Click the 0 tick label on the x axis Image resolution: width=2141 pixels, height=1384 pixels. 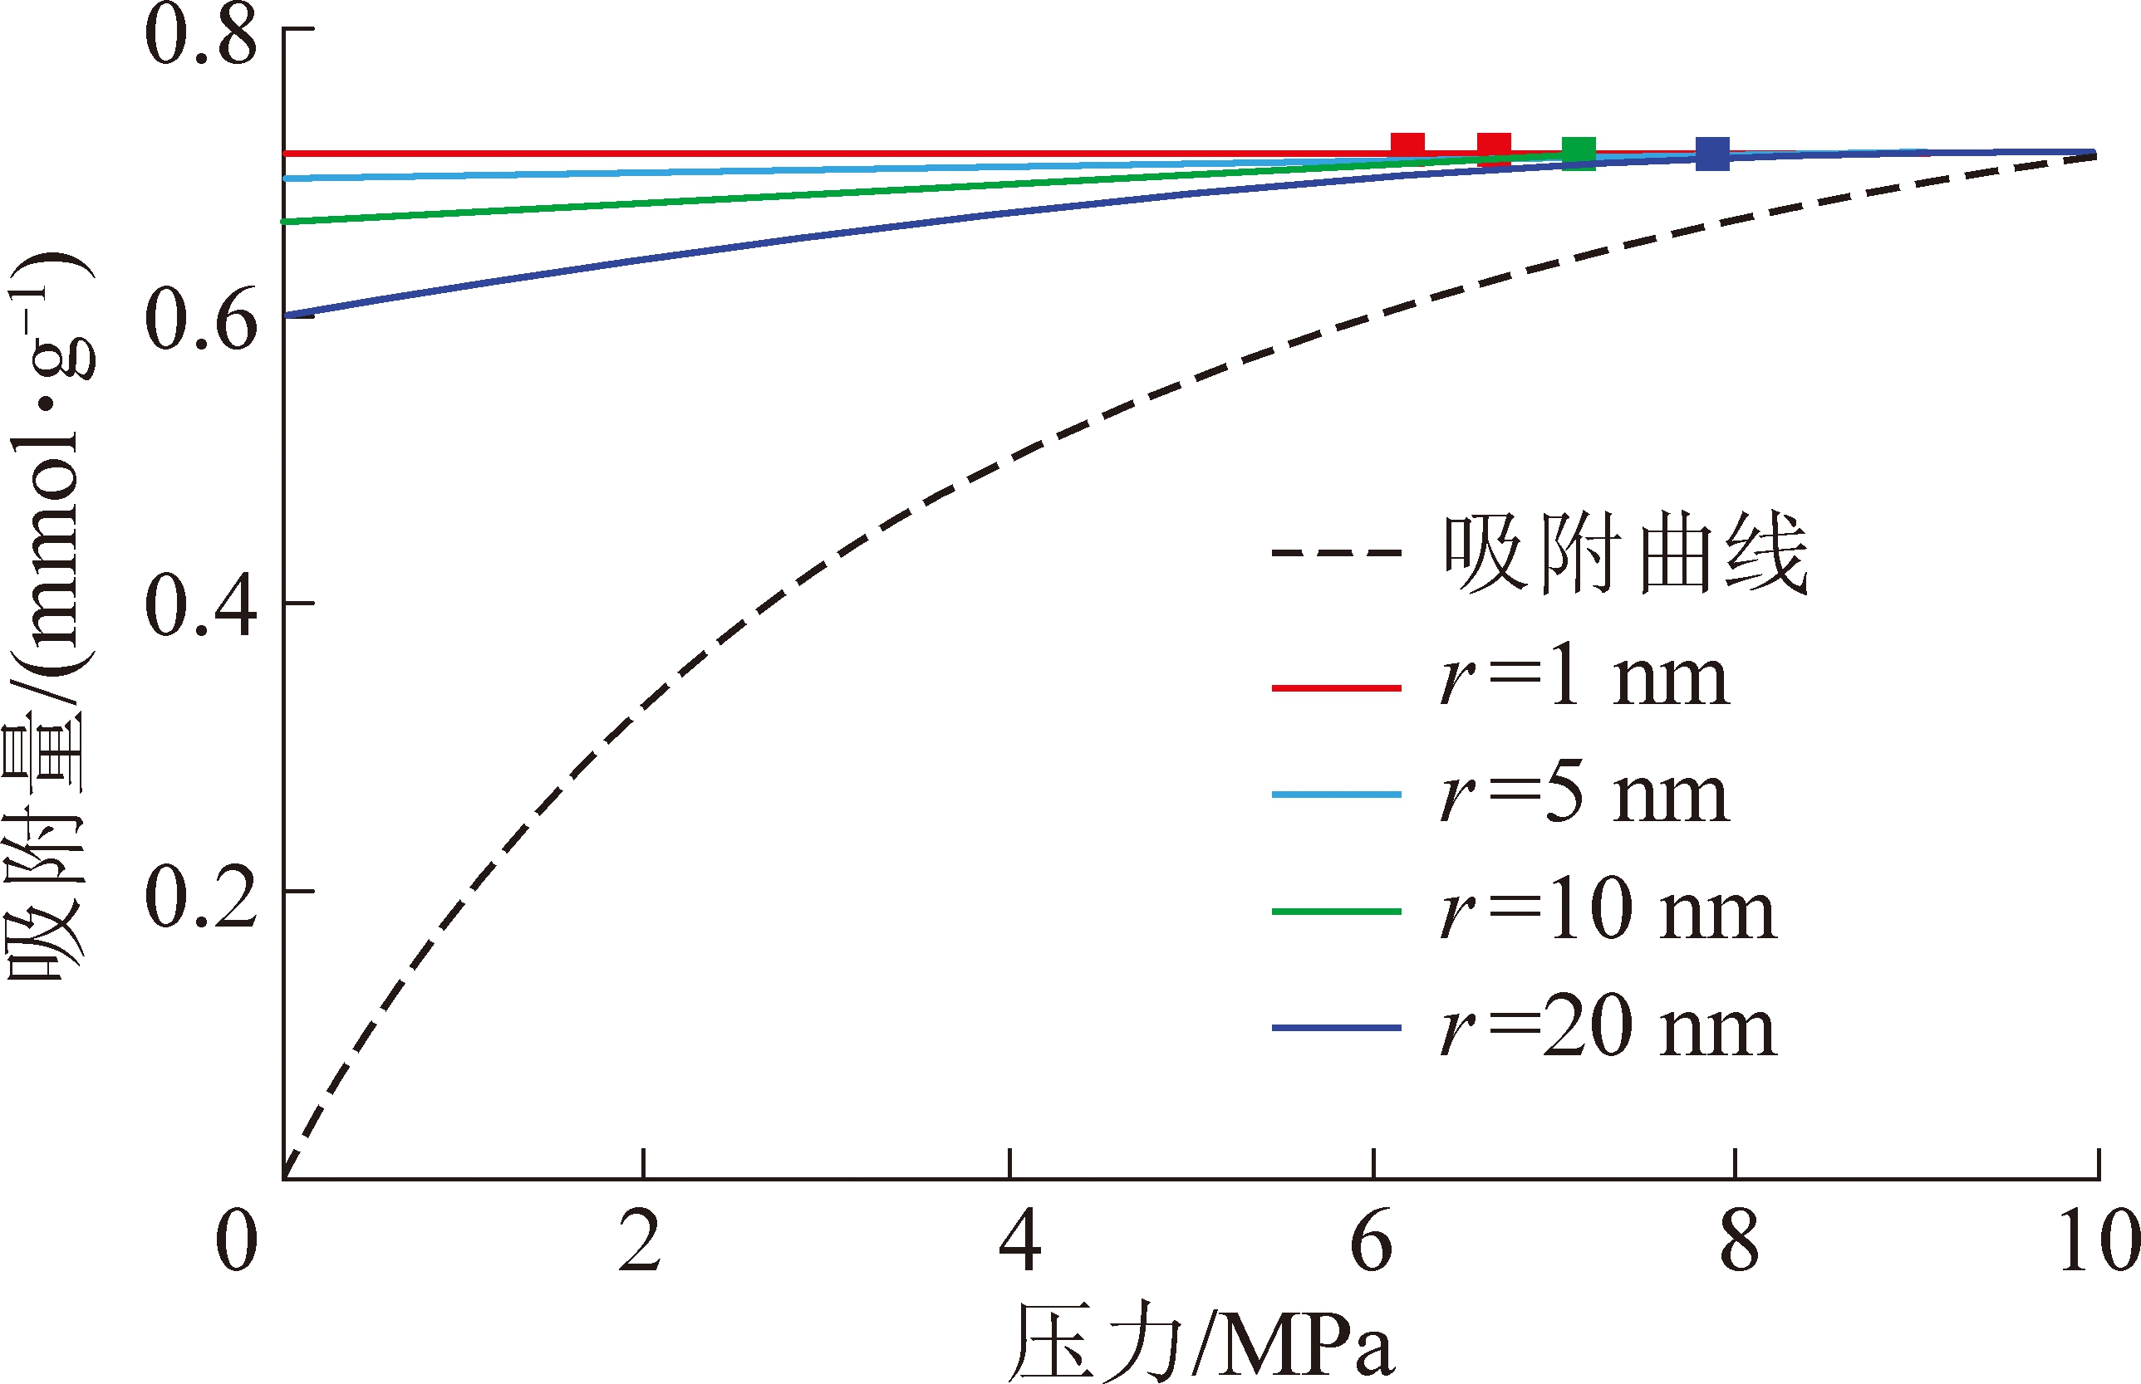[x=237, y=1241]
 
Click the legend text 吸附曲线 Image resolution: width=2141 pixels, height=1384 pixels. [x=1626, y=554]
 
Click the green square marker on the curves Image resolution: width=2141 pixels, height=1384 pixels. [x=1578, y=154]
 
